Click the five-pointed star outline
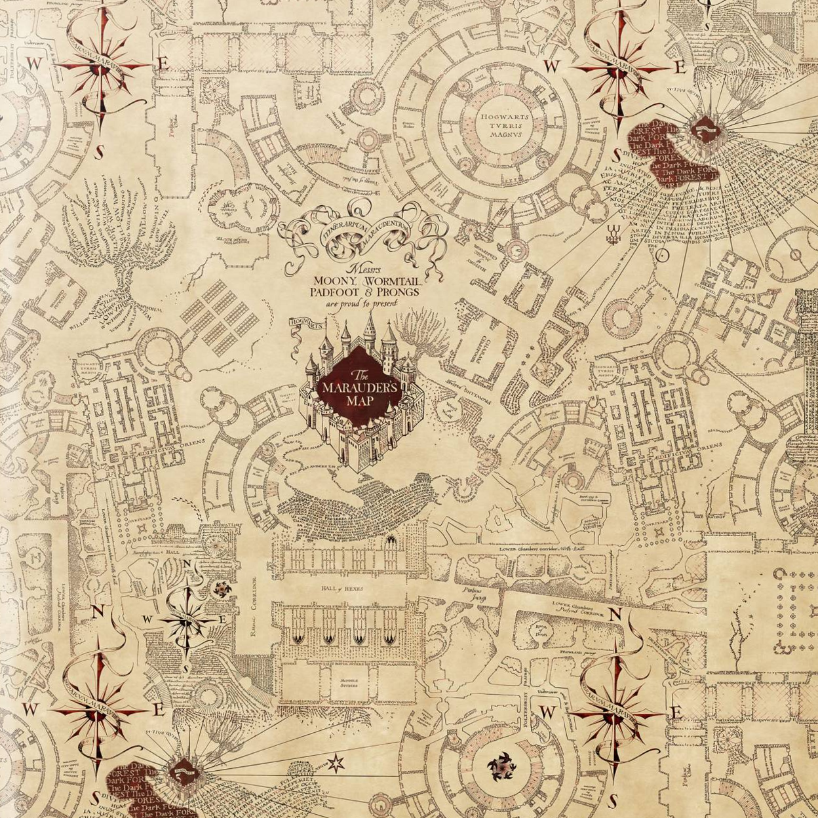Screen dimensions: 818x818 click(x=336, y=762)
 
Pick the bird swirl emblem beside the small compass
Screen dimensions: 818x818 click(x=221, y=587)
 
